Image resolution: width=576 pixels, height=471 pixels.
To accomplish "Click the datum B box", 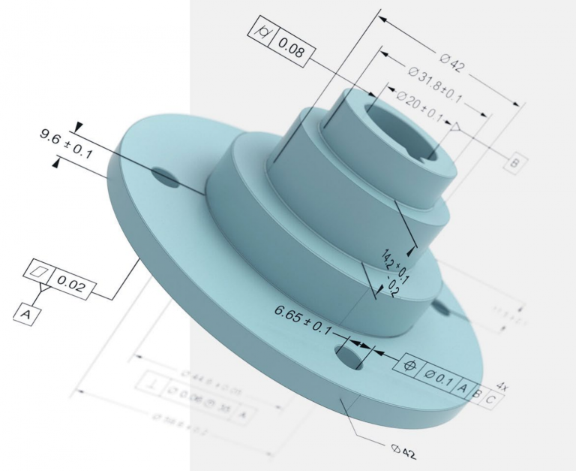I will [x=515, y=162].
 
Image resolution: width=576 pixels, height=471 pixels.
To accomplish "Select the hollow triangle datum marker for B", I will [x=456, y=131].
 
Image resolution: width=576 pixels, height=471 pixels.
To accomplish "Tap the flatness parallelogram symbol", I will [x=40, y=270].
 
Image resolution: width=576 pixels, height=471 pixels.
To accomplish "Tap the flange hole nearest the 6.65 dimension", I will [x=349, y=355].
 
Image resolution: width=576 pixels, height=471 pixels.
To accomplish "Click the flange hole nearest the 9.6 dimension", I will [x=166, y=177].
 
